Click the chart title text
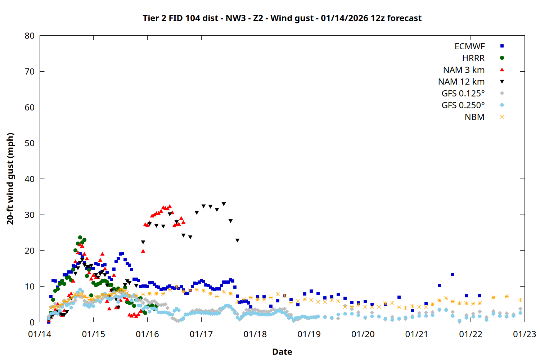(x=282, y=18)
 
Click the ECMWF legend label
(x=469, y=46)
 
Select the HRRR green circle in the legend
(x=502, y=58)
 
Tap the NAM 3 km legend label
(x=464, y=70)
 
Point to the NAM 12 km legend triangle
(x=502, y=82)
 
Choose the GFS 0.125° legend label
(x=463, y=94)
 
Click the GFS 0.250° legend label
(x=463, y=105)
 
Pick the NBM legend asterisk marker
(x=502, y=117)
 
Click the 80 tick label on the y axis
(x=30, y=36)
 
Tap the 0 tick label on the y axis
(x=32, y=322)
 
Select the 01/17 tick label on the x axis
(x=201, y=334)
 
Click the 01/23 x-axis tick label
(x=524, y=334)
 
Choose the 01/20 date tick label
(x=363, y=334)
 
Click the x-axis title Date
(x=282, y=352)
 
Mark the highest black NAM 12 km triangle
(x=224, y=204)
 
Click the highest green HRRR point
(x=80, y=238)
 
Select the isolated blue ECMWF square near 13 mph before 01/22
(x=453, y=275)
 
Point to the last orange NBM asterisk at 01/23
(x=520, y=300)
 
